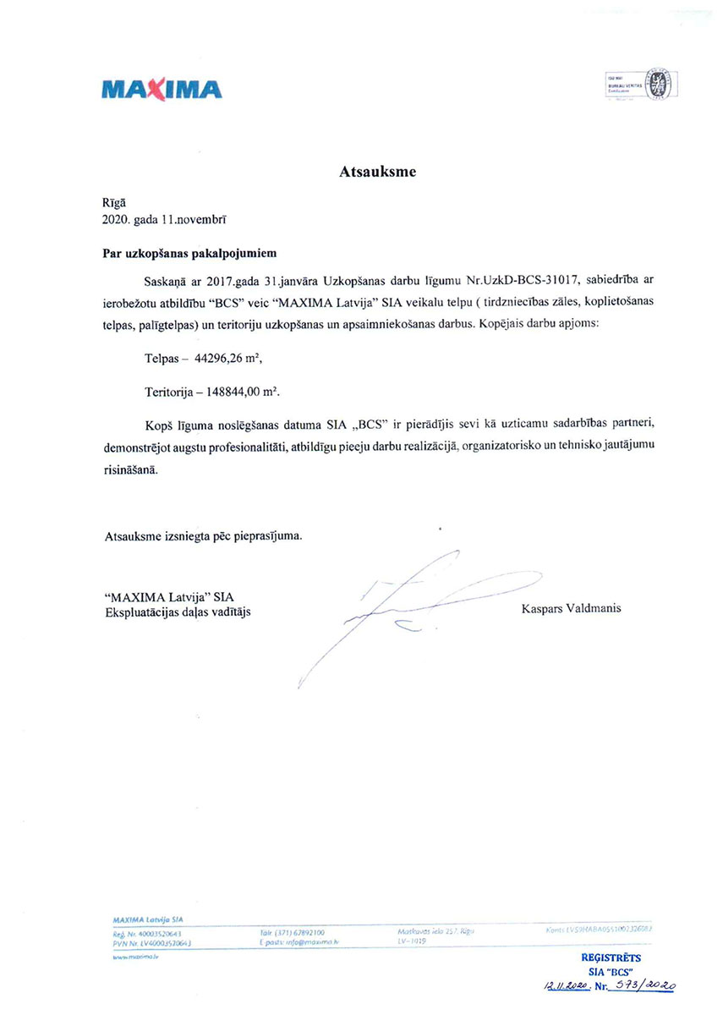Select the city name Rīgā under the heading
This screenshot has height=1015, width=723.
tap(112, 202)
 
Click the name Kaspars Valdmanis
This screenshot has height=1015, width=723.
tap(571, 607)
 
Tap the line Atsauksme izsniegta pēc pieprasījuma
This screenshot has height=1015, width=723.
tap(202, 536)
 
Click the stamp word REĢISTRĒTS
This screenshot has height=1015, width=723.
tap(611, 957)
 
